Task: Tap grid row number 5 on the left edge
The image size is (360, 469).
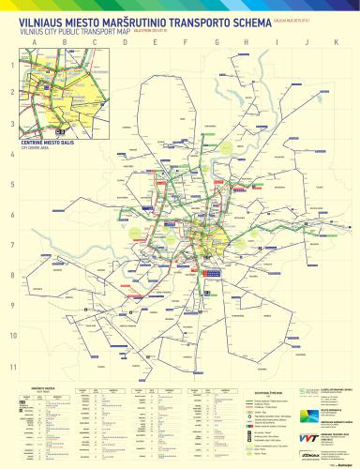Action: pos(12,185)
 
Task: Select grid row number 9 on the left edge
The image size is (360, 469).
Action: pos(12,306)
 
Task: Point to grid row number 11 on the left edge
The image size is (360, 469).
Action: pos(12,366)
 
